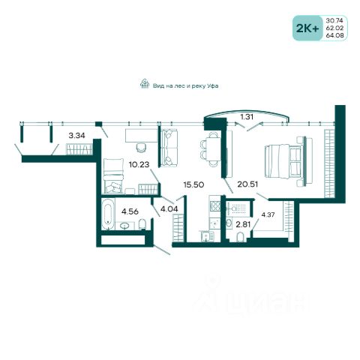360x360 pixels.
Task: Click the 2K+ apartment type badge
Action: click(x=307, y=28)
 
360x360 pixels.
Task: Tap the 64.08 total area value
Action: click(x=334, y=35)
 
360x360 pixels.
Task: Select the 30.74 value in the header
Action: click(x=334, y=21)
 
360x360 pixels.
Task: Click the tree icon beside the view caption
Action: click(x=145, y=84)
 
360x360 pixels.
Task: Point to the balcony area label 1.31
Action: click(x=247, y=117)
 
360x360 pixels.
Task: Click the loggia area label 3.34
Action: click(x=76, y=136)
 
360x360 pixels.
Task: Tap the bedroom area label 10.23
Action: click(x=139, y=164)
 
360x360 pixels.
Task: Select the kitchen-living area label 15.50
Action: click(x=193, y=184)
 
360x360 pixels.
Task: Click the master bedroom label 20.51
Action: click(x=247, y=184)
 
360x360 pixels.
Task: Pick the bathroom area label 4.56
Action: click(x=130, y=211)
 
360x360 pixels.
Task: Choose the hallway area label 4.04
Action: click(x=169, y=208)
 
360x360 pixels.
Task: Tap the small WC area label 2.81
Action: click(x=243, y=224)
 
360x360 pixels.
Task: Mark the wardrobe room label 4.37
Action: click(x=268, y=214)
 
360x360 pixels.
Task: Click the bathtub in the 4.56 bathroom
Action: click(x=108, y=214)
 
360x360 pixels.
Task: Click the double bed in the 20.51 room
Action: click(x=286, y=161)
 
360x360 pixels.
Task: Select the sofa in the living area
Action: click(x=169, y=148)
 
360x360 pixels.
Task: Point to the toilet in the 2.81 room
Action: click(x=240, y=237)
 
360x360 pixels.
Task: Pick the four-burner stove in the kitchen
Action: click(x=215, y=206)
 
